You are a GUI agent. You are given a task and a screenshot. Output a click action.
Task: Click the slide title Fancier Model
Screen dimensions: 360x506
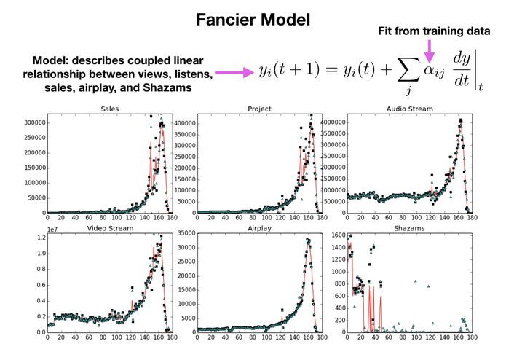point(252,20)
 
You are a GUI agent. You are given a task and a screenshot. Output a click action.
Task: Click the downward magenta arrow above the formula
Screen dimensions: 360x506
point(429,50)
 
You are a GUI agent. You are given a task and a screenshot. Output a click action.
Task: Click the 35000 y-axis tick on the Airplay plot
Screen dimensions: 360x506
point(183,233)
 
